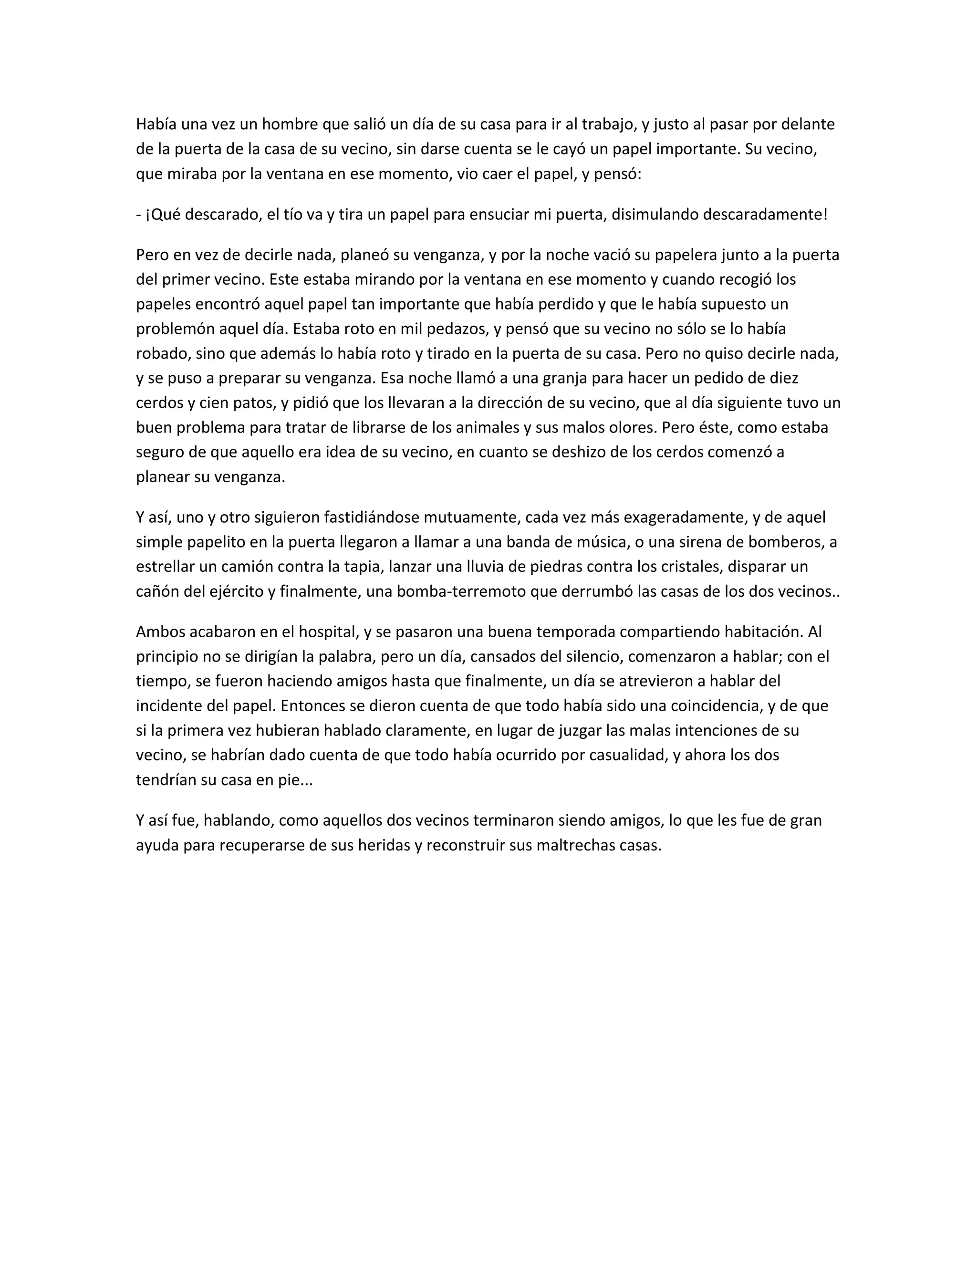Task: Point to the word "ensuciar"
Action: pyautogui.click(x=496, y=215)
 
